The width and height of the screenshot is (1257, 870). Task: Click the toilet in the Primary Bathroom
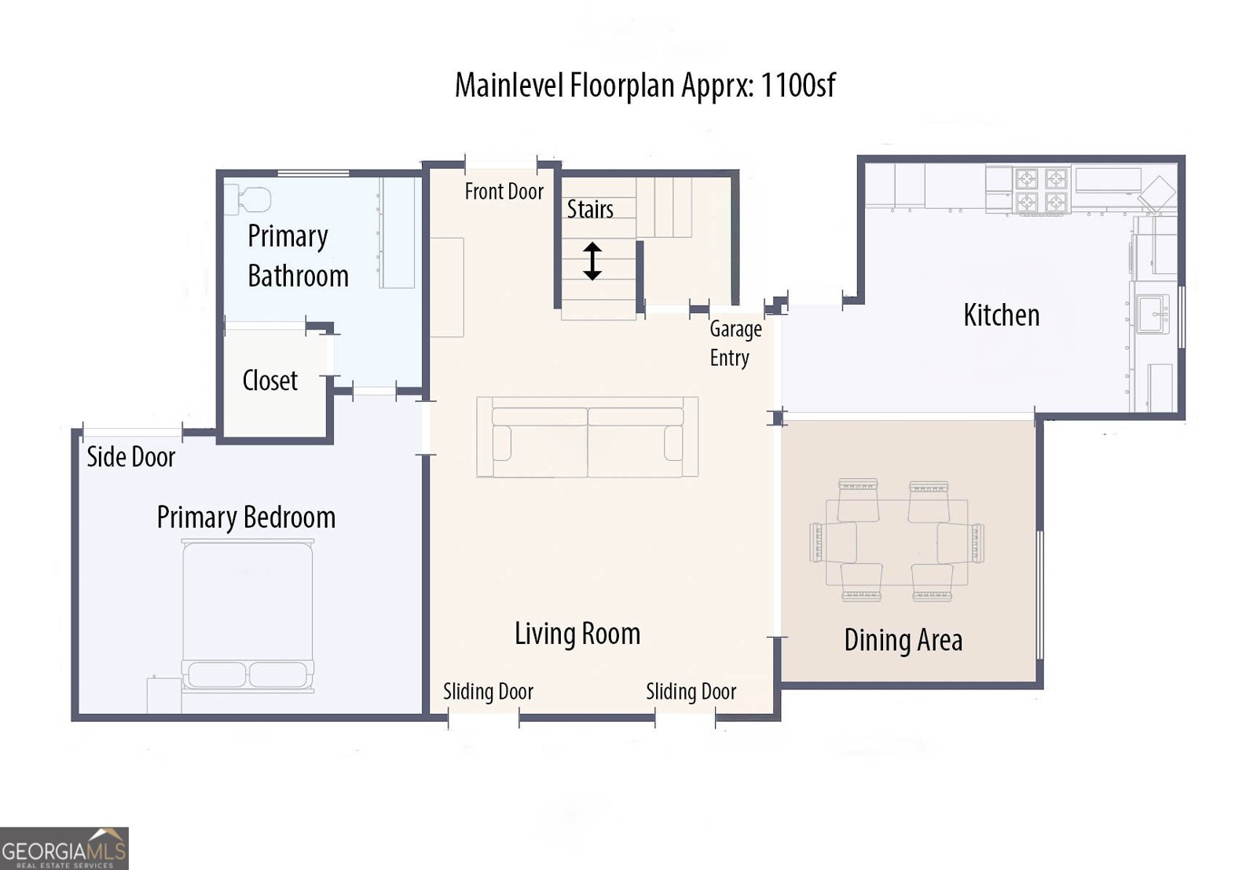click(x=249, y=199)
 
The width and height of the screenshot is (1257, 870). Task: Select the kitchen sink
click(x=1153, y=314)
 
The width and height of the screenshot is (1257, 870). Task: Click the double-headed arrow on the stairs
click(x=592, y=261)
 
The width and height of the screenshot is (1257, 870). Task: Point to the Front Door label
click(x=504, y=192)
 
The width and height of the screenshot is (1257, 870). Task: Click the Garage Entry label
click(x=735, y=343)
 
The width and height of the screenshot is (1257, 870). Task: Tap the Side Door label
click(x=130, y=457)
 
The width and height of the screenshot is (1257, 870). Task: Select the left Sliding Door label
click(x=488, y=692)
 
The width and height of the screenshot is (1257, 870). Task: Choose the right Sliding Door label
click(x=691, y=692)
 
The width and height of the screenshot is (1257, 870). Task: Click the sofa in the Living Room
click(x=587, y=437)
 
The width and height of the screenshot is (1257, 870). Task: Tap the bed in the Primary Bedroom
click(x=247, y=612)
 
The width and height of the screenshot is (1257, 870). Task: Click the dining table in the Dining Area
click(x=896, y=542)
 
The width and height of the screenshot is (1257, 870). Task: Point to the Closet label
click(x=269, y=381)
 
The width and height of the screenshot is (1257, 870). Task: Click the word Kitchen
click(x=1001, y=316)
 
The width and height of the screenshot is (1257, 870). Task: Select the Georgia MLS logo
click(x=64, y=849)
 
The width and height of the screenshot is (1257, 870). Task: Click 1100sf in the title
click(x=797, y=85)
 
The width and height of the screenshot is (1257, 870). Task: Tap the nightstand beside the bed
click(x=163, y=696)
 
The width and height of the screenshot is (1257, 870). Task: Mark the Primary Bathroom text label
click(x=298, y=256)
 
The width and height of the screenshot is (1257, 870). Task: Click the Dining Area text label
click(x=903, y=641)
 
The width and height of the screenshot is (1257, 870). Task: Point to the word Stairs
click(x=590, y=210)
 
